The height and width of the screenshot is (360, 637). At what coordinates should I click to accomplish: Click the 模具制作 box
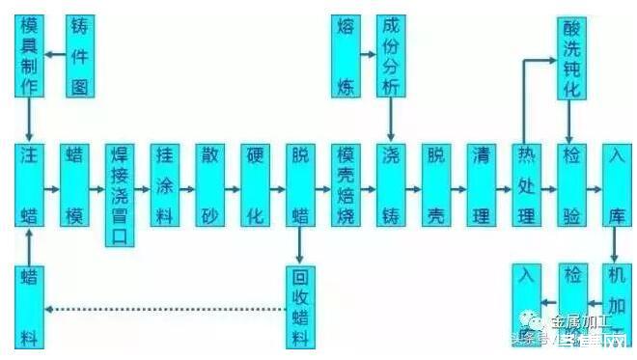click(30, 55)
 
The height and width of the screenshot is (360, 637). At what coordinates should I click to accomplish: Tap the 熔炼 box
click(345, 55)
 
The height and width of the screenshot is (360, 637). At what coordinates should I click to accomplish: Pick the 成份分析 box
click(390, 55)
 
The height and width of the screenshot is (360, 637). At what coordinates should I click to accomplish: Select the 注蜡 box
click(30, 185)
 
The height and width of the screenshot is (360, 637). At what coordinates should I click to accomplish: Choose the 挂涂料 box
click(164, 185)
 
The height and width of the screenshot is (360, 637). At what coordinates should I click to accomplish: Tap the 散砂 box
click(209, 185)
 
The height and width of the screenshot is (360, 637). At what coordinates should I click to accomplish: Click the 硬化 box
click(255, 185)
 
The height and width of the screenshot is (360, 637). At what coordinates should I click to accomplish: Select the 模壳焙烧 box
click(345, 185)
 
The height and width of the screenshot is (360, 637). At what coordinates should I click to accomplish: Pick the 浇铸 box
click(390, 185)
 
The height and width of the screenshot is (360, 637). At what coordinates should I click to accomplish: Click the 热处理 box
click(526, 185)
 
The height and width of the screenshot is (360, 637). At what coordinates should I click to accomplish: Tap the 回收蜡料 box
click(300, 306)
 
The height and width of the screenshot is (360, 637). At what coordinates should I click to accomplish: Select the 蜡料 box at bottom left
click(30, 306)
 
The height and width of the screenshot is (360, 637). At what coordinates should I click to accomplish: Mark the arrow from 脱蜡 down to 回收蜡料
click(300, 245)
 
